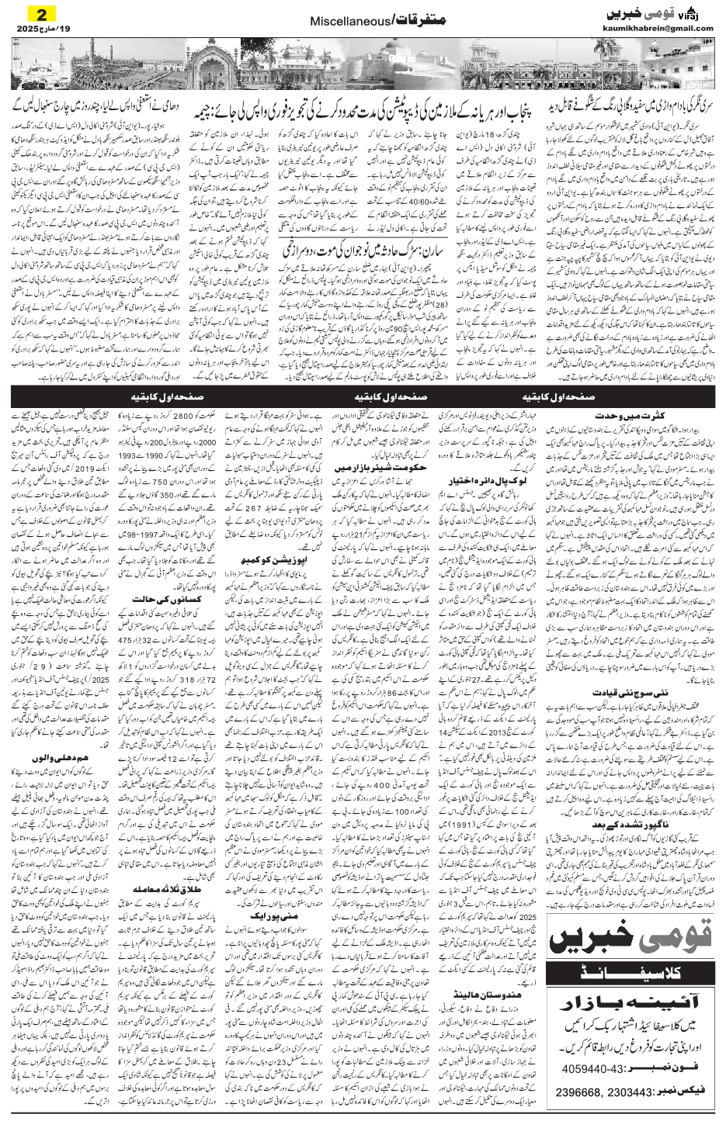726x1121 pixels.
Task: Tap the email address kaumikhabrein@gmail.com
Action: click(x=658, y=29)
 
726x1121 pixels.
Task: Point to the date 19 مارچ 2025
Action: click(x=39, y=29)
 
